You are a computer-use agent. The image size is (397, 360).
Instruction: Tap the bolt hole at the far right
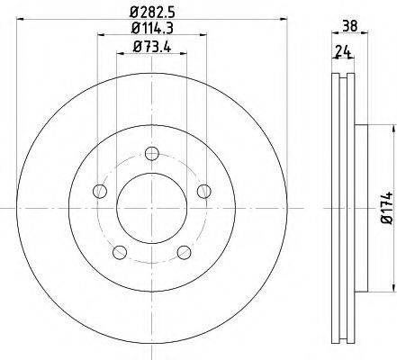click(x=204, y=190)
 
